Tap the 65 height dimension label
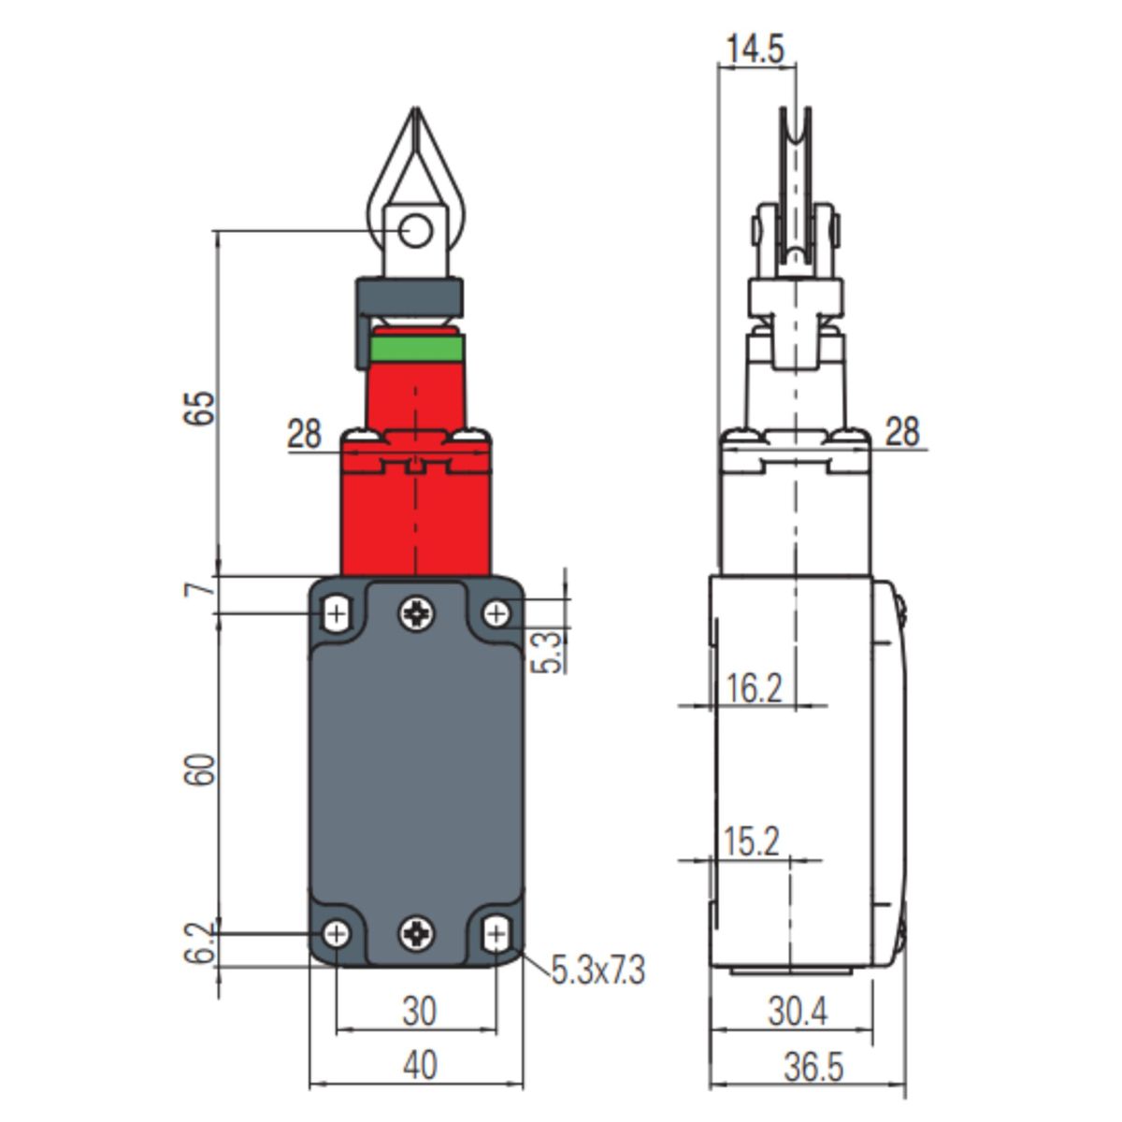[200, 409]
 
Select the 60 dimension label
[200, 770]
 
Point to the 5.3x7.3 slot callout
[598, 971]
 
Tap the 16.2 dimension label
[754, 688]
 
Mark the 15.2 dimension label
[751, 841]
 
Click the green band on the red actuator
[417, 348]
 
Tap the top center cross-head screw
[417, 613]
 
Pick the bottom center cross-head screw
[417, 934]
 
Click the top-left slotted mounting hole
[337, 613]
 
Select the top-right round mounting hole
[496, 613]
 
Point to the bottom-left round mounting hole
[338, 934]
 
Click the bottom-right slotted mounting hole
[496, 934]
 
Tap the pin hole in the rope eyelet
[416, 231]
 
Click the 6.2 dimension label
[200, 943]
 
